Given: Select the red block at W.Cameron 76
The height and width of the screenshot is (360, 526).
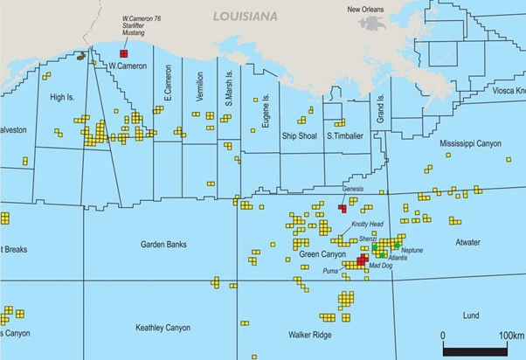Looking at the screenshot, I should (124, 53).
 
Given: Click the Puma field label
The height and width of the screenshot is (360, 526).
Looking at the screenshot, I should (331, 271).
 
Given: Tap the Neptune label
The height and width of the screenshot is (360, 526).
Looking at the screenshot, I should (412, 251).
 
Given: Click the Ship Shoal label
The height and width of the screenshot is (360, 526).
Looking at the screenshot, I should (299, 136).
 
